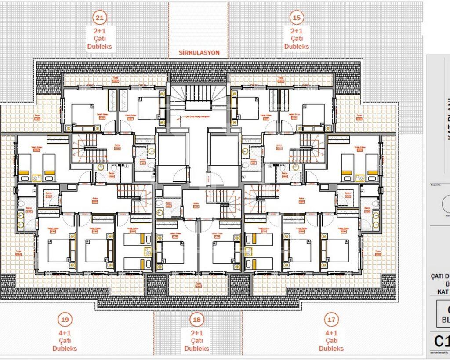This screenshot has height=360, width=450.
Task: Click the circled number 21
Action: coord(100,18)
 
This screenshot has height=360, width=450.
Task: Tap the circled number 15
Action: coord(297,18)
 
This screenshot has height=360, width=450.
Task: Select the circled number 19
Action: coord(65,320)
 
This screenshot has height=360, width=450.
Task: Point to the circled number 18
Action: coord(196,320)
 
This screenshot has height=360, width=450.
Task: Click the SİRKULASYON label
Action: coord(199,53)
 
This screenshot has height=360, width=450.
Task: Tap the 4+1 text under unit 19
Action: coord(65,333)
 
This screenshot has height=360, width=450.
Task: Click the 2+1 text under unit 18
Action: coord(196,333)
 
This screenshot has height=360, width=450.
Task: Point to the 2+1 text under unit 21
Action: coord(100,31)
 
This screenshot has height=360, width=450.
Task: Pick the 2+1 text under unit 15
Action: coord(297,31)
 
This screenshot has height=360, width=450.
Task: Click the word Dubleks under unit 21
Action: coord(100,47)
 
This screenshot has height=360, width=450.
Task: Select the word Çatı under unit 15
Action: coord(297,39)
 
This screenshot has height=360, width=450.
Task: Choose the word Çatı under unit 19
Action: coord(65,341)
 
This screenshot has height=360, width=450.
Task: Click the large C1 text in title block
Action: coord(441,342)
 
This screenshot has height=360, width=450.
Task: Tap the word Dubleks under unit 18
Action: coord(196,349)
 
